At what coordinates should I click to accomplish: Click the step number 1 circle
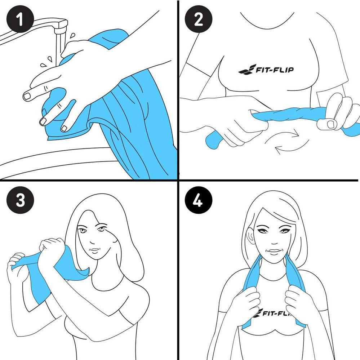click(20, 19)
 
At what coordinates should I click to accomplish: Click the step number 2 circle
click(198, 19)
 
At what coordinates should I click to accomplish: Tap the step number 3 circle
click(20, 200)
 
